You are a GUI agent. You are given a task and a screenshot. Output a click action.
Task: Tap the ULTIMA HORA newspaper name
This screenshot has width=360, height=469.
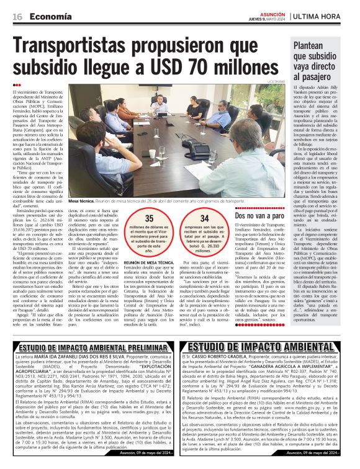tap(322, 16)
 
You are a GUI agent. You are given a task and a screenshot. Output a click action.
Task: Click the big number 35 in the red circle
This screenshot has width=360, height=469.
tap(150, 219)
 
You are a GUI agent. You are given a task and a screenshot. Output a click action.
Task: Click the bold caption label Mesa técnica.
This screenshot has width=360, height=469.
tap(82, 202)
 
